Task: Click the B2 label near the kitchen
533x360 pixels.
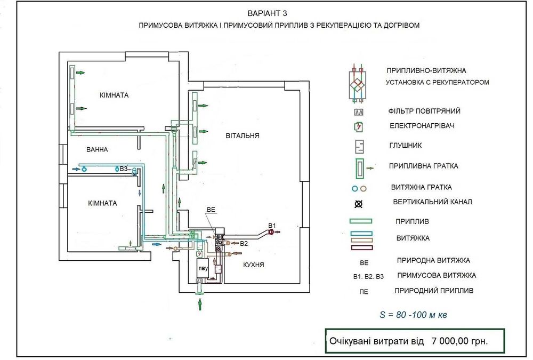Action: click(244, 244)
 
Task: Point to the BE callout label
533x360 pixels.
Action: click(211, 211)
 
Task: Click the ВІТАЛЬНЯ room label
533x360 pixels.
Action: click(243, 135)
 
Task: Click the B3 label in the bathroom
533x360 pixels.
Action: click(124, 169)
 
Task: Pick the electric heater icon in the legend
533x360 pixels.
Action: click(359, 127)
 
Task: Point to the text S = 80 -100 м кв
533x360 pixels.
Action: click(413, 315)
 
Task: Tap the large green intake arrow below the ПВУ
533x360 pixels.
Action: click(200, 305)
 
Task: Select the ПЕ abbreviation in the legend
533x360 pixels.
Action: click(364, 291)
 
